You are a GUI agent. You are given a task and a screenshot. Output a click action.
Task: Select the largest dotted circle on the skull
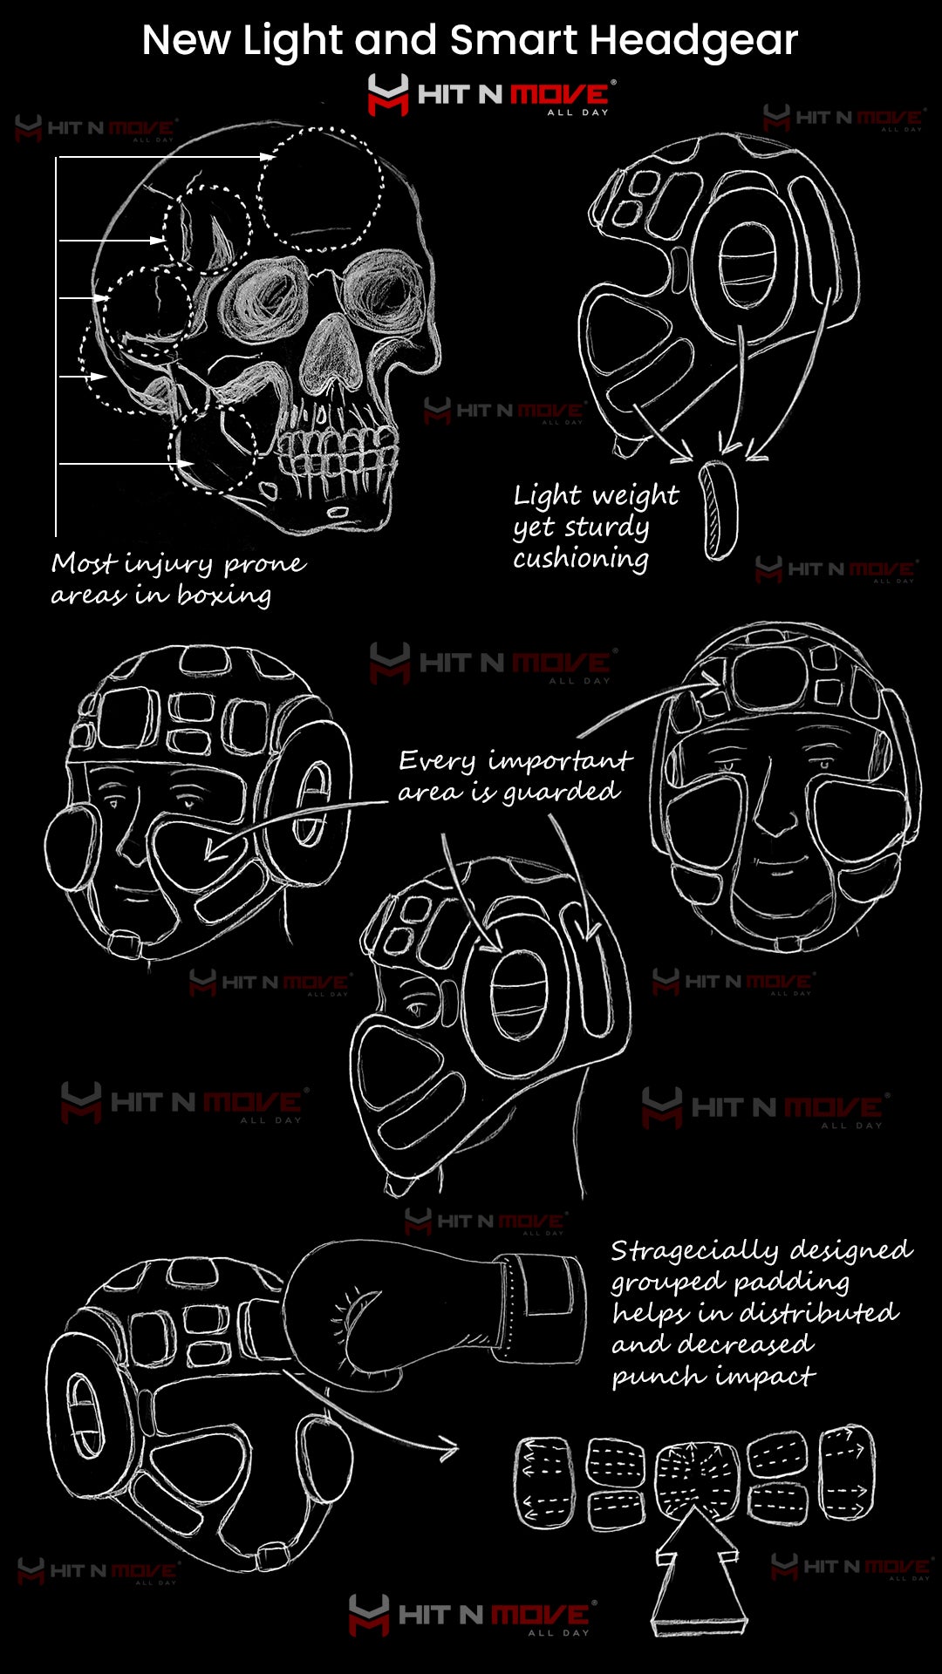click(321, 188)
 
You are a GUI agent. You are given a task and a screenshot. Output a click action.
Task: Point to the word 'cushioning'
click(580, 558)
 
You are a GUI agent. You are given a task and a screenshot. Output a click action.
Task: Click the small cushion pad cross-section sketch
click(720, 509)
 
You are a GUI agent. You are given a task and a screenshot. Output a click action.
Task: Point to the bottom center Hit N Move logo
click(472, 1616)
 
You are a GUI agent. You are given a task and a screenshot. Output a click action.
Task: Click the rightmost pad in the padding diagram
click(847, 1473)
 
